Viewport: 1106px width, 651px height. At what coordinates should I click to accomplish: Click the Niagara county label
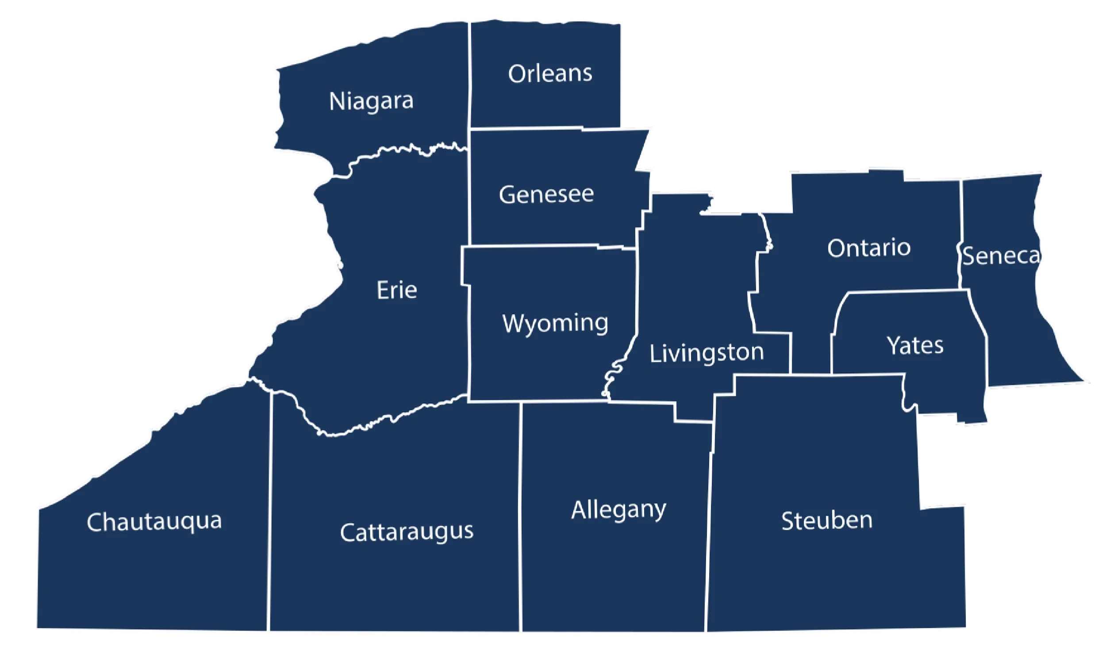pos(371,101)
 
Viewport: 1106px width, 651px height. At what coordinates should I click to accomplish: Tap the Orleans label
pos(550,74)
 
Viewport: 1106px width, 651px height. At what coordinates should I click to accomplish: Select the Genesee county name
pos(546,195)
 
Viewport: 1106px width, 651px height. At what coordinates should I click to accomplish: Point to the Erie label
pos(396,291)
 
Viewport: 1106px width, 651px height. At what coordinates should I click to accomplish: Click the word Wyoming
pos(555,323)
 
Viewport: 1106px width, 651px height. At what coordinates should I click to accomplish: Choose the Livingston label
pos(707,353)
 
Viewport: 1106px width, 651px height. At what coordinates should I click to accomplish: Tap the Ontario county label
pos(869,248)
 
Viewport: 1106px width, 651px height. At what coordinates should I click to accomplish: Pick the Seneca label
pos(1001,256)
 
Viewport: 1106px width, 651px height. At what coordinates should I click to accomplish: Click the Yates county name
pos(915,345)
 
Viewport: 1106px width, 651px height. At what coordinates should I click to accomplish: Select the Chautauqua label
pos(154,521)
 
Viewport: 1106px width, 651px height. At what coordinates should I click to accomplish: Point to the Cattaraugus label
pos(407,532)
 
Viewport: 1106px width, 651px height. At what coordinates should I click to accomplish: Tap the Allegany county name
pos(618,510)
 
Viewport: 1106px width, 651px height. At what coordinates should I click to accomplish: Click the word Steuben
pos(826,521)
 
